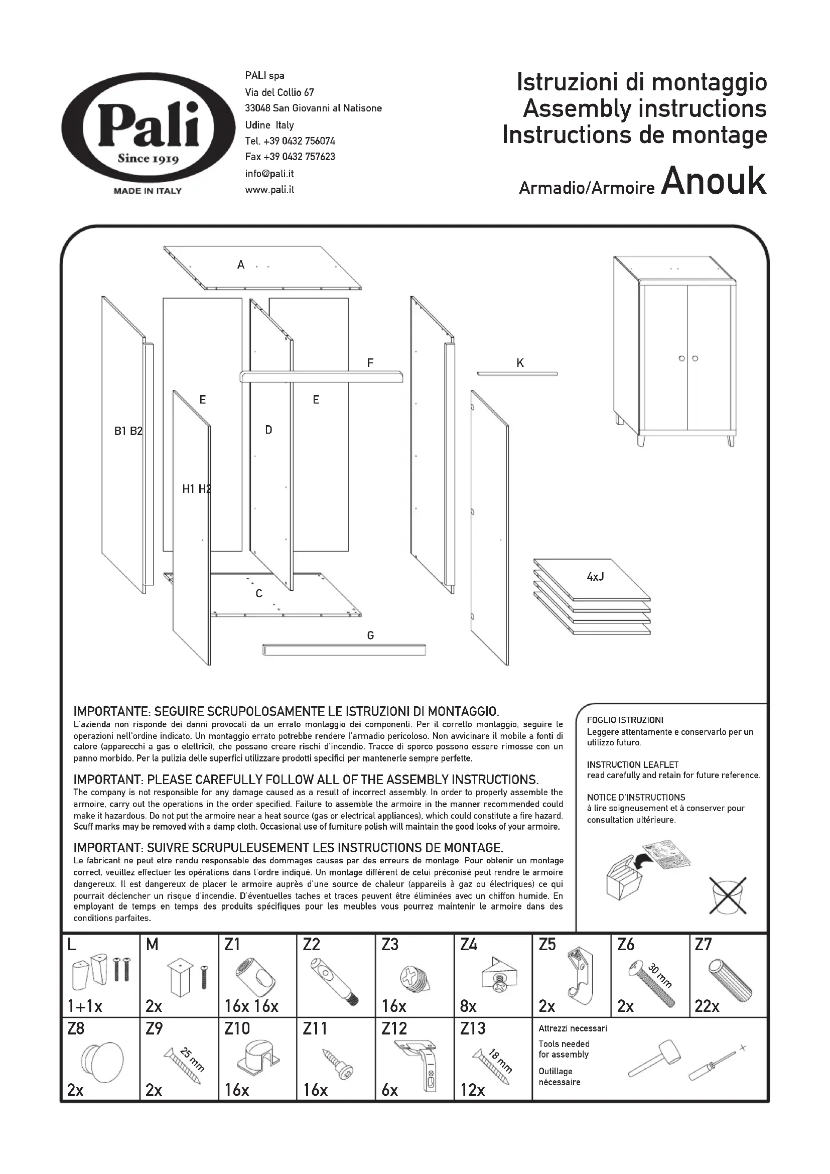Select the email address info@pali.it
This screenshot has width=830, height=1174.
[269, 173]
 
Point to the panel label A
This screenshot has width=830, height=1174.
[241, 265]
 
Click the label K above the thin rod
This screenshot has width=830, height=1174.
[520, 363]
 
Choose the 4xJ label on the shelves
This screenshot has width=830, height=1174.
[595, 577]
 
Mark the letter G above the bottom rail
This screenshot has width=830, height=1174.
[370, 635]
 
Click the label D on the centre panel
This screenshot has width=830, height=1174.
[268, 430]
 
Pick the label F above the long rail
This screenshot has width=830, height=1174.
[370, 363]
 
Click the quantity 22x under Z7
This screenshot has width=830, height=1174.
[707, 1006]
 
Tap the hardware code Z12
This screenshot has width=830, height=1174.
[393, 1028]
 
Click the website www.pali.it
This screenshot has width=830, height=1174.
[269, 190]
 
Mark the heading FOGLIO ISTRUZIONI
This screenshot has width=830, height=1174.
[625, 720]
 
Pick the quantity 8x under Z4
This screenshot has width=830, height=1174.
[468, 1006]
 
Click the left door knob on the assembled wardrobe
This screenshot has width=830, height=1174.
[682, 358]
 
